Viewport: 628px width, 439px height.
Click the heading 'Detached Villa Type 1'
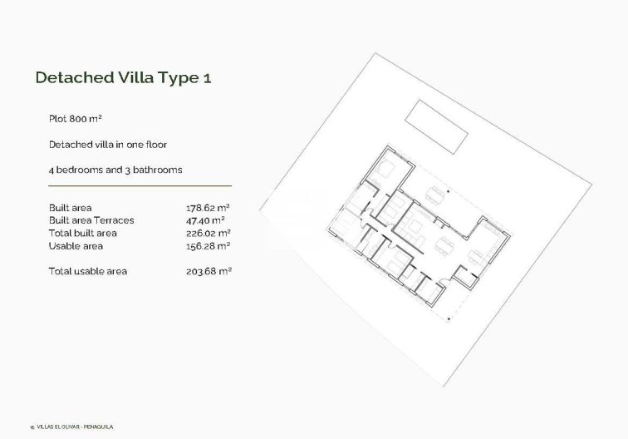pyautogui.click(x=129, y=77)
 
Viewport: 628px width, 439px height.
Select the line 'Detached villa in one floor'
pyautogui.click(x=108, y=145)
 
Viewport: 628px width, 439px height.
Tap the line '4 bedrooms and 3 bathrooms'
pyautogui.click(x=115, y=170)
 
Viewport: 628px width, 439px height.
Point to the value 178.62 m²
pyautogui.click(x=208, y=207)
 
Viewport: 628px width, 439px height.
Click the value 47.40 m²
pyautogui.click(x=206, y=220)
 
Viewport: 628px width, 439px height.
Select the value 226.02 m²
pyautogui.click(x=208, y=233)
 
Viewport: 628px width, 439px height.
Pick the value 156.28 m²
pyautogui.click(x=208, y=246)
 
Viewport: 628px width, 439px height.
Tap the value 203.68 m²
pyautogui.click(x=208, y=271)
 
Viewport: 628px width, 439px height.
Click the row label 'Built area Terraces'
pyautogui.click(x=91, y=220)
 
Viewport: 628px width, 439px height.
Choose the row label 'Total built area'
pyautogui.click(x=83, y=233)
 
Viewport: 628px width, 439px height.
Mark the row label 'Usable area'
pyautogui.click(x=76, y=246)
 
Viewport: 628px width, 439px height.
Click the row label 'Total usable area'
pyautogui.click(x=88, y=271)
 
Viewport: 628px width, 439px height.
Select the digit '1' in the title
pyautogui.click(x=217, y=77)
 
